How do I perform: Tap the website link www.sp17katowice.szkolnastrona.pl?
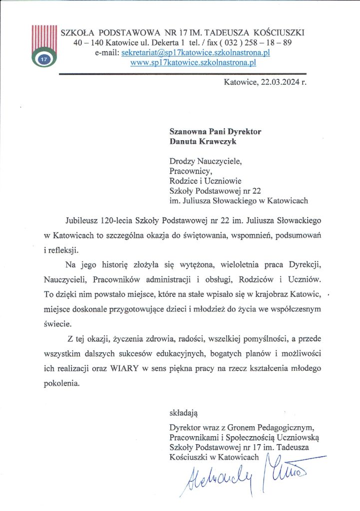click(193, 63)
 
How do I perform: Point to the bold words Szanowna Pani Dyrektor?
click(215, 132)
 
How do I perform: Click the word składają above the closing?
click(184, 413)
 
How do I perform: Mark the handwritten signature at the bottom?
click(245, 474)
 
